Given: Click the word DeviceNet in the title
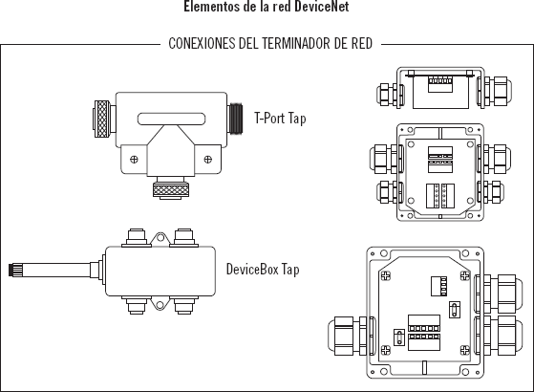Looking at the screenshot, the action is [x=322, y=6].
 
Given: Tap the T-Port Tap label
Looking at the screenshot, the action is [x=280, y=119].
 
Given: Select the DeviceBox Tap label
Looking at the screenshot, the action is [x=263, y=270].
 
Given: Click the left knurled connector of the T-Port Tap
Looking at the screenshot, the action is [x=102, y=119].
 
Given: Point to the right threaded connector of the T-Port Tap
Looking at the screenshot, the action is [x=236, y=119].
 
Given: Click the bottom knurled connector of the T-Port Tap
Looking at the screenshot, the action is [x=171, y=189].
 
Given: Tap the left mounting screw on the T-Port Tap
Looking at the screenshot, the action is [x=134, y=159].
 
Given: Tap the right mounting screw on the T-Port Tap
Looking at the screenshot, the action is [x=207, y=159].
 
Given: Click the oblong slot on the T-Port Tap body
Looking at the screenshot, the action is [x=171, y=119].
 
